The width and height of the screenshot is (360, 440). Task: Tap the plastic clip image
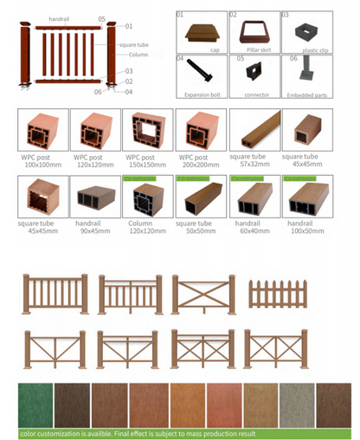[305, 32]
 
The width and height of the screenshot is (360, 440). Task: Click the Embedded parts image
[305, 76]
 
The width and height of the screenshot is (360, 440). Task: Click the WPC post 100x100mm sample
[42, 131]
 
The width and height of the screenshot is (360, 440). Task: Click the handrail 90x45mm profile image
[94, 197]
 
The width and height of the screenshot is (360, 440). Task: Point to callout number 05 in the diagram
[101, 18]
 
